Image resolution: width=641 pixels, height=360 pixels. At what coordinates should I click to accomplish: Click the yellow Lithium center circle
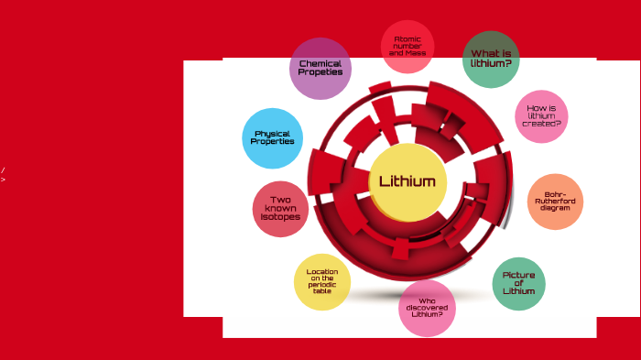(x=407, y=181)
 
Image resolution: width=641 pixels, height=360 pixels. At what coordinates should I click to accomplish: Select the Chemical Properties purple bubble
(x=320, y=68)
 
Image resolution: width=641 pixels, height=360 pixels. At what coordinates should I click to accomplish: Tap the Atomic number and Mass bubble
(x=407, y=46)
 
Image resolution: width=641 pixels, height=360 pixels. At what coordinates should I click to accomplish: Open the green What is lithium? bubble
(x=491, y=59)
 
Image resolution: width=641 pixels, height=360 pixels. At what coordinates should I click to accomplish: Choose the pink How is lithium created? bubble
(x=541, y=116)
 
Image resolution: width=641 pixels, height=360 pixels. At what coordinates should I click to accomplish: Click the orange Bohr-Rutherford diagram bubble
(x=555, y=201)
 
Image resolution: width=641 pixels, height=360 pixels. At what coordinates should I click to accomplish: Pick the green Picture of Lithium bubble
(x=518, y=283)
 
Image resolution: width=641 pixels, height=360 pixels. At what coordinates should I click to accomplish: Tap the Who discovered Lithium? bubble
(x=427, y=308)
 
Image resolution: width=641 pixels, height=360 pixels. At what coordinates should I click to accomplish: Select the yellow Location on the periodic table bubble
(x=322, y=281)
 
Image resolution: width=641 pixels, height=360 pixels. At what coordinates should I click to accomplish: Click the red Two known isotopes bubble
(x=280, y=209)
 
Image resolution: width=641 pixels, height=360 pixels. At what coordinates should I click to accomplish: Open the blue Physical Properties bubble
(x=273, y=138)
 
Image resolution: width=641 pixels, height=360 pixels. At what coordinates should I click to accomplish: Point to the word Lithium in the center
(x=407, y=181)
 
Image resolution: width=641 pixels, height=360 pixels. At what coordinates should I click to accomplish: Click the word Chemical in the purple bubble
(x=320, y=63)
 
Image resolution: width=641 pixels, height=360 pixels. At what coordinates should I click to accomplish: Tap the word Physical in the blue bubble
(x=273, y=134)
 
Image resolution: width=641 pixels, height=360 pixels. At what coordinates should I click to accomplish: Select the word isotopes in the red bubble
(x=280, y=217)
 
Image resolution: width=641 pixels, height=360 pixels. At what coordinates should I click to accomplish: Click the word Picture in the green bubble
(x=518, y=275)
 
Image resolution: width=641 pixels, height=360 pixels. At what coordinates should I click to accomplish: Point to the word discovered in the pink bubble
(x=427, y=308)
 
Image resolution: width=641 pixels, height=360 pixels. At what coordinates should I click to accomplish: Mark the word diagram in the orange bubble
(x=555, y=208)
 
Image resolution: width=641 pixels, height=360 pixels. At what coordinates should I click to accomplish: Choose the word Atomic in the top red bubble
(x=407, y=38)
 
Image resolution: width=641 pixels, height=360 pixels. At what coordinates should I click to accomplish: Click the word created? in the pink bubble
(x=541, y=124)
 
